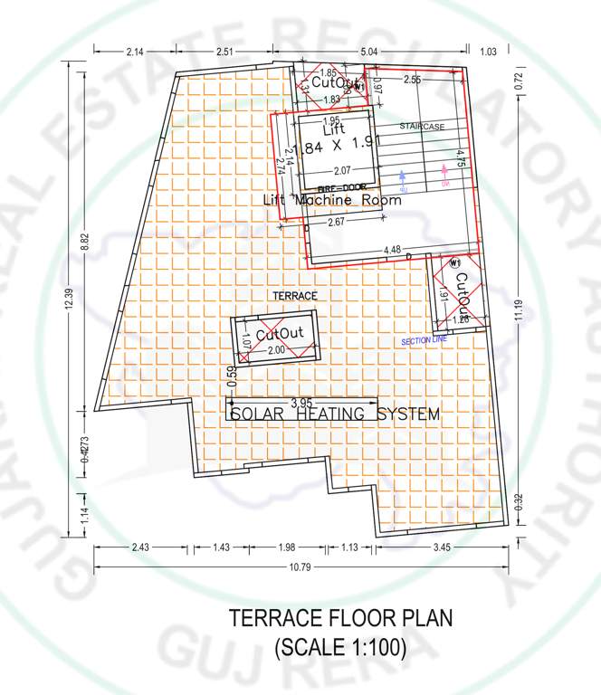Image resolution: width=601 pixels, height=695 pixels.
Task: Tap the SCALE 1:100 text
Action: coord(339,648)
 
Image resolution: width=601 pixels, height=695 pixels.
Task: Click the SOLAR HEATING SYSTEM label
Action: coord(334,414)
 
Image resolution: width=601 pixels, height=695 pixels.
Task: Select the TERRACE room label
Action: coord(295,296)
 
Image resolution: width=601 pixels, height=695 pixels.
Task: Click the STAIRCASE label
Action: coord(423,128)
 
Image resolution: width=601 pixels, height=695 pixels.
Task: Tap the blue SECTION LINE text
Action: coord(425,340)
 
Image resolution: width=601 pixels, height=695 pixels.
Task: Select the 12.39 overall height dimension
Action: coord(69,308)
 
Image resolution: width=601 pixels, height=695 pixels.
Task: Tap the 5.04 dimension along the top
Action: coord(371,52)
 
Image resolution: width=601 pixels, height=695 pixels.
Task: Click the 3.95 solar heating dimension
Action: coord(301,402)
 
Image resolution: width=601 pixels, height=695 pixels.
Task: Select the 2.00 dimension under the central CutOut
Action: coord(275,350)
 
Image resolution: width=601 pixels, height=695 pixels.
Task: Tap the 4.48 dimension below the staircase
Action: coord(392,251)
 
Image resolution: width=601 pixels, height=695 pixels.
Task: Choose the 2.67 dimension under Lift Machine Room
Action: coord(337,222)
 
